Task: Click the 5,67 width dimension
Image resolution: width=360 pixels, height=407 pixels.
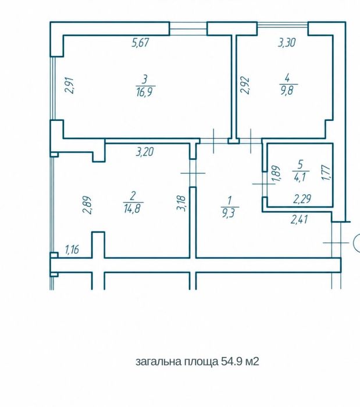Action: click(140, 42)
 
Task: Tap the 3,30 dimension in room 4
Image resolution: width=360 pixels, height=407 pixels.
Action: click(287, 42)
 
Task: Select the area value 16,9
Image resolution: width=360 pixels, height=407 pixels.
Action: click(145, 92)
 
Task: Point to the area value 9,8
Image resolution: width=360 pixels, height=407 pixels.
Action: click(288, 91)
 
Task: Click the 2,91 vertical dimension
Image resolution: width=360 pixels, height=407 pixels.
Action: click(70, 85)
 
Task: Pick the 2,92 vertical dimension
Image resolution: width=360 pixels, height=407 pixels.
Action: click(245, 85)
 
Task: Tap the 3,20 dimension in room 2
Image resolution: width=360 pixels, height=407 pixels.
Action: click(145, 152)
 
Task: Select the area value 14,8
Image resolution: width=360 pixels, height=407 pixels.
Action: click(133, 208)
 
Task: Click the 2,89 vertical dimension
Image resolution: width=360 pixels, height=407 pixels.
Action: click(87, 205)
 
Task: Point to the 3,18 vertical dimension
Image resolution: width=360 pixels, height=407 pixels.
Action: click(181, 203)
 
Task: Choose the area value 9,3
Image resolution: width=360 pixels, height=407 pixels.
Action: click(229, 213)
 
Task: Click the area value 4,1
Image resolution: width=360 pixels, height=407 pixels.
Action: click(300, 178)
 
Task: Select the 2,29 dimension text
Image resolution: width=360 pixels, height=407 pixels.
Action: click(302, 199)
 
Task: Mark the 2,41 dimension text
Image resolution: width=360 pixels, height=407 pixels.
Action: click(300, 220)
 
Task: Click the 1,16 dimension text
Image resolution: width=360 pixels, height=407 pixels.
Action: click(72, 249)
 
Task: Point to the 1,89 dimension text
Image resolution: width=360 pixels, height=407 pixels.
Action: click(277, 174)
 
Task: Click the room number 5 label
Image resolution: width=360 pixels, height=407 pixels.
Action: click(301, 165)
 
